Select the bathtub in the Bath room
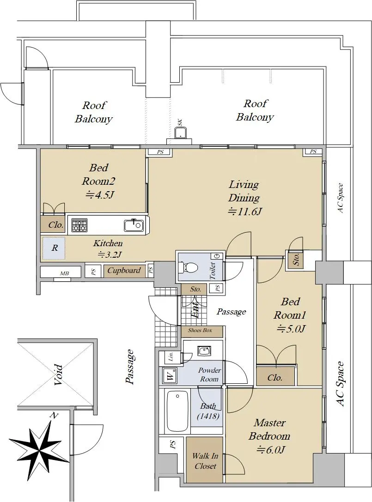tap(177, 411)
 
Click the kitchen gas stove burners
tap(79, 225)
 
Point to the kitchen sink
tap(133, 225)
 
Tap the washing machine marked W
tap(171, 375)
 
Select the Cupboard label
tap(124, 270)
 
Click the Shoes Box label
tap(200, 330)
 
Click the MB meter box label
tap(64, 273)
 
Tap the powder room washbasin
tap(204, 351)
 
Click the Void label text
tap(57, 374)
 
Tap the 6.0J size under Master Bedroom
tap(270, 450)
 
